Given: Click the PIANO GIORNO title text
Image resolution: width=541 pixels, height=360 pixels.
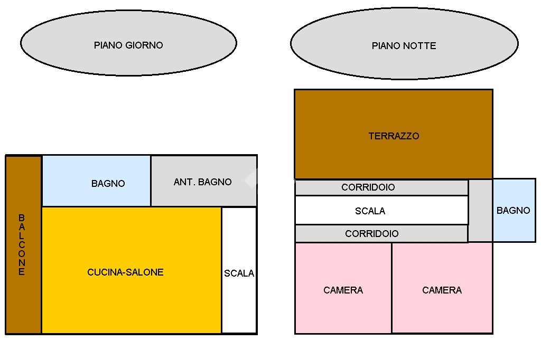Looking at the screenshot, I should pyautogui.click(x=128, y=45).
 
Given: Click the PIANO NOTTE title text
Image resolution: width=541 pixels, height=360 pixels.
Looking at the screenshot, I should pyautogui.click(x=404, y=46).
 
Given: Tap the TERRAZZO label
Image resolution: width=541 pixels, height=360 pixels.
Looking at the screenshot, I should pyautogui.click(x=394, y=136).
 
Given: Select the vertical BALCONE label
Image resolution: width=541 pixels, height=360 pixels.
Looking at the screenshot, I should pyautogui.click(x=22, y=245).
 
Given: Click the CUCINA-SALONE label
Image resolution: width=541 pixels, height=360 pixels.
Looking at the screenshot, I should pyautogui.click(x=125, y=272).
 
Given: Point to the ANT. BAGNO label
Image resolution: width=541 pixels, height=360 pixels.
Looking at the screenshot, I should pyautogui.click(x=202, y=182).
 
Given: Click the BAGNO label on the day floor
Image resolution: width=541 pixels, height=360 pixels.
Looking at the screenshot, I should pyautogui.click(x=108, y=184).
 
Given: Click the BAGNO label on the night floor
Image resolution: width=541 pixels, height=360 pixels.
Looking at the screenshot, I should pyautogui.click(x=513, y=211).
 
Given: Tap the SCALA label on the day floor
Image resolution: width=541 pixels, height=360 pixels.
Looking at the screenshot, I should pyautogui.click(x=239, y=273).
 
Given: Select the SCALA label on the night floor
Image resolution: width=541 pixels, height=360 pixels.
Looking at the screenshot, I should pyautogui.click(x=370, y=211).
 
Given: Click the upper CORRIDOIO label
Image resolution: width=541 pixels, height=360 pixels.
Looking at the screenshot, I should pyautogui.click(x=368, y=187).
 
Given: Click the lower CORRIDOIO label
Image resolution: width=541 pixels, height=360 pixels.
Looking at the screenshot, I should pyautogui.click(x=371, y=234).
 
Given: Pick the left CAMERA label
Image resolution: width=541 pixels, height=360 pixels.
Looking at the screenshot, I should pyautogui.click(x=343, y=290).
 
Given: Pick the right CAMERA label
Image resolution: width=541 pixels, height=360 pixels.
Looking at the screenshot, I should pyautogui.click(x=442, y=290).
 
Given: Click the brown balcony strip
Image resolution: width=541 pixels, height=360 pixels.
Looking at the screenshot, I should pyautogui.click(x=24, y=306).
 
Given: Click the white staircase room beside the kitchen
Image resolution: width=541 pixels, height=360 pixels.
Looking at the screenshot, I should pyautogui.click(x=239, y=306).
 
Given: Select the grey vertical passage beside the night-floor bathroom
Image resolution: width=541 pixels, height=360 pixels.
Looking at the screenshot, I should pyautogui.click(x=480, y=211).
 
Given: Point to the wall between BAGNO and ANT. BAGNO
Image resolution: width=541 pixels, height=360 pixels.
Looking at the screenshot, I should pyautogui.click(x=151, y=181).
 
